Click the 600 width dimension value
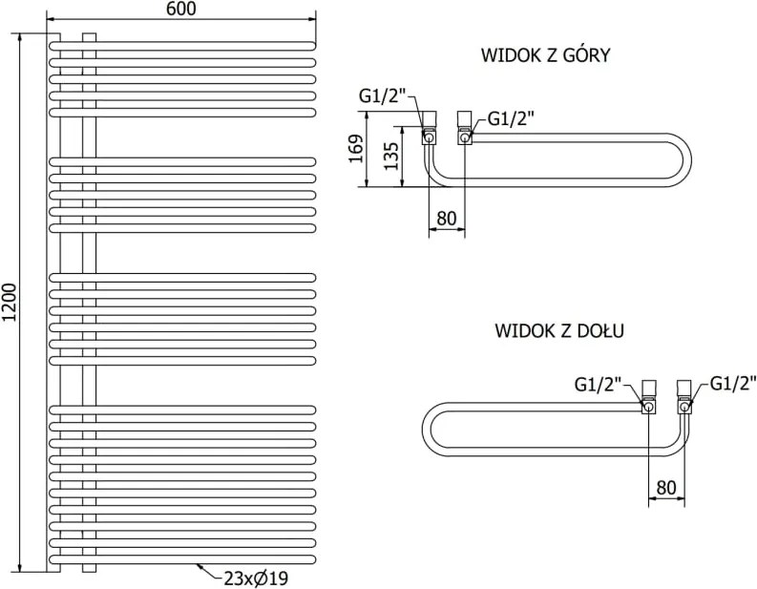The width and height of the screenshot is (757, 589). coord(181,9)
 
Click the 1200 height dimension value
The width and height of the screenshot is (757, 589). coord(10,302)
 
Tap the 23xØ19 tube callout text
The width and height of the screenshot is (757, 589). coord(256,578)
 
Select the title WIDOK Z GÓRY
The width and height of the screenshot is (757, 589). coord(545,54)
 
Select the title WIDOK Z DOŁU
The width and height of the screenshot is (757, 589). coord(559,330)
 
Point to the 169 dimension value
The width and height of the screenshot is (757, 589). coord(356,149)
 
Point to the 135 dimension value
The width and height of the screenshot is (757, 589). coord(390,156)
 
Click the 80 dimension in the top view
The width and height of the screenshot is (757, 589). coord(446,219)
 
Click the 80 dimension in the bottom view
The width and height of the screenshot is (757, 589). coord(666,488)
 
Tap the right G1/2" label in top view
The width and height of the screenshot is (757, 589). coord(512,118)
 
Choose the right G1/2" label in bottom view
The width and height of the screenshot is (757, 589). coord(733,384)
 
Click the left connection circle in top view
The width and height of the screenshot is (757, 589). coord(429,138)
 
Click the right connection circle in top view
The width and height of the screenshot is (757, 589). coord(465,138)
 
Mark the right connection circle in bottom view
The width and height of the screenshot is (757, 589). coord(684,408)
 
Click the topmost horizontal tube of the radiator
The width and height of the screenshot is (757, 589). coord(182,46)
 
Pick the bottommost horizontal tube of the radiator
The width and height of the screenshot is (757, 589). coord(182,560)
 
